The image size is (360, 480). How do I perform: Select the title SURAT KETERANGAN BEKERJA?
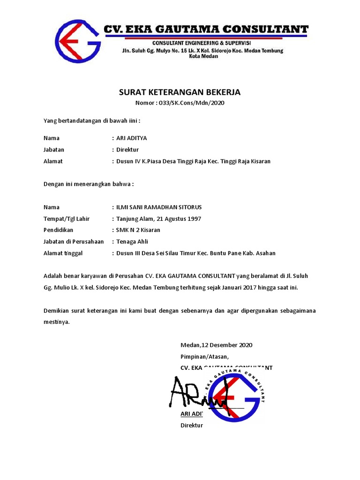click(x=180, y=92)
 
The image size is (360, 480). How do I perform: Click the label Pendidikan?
click(x=58, y=230)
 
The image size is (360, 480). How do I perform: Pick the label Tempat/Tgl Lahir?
click(x=66, y=219)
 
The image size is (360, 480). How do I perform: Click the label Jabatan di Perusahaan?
click(x=73, y=242)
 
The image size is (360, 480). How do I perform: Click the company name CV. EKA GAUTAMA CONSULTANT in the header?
click(x=206, y=30)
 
